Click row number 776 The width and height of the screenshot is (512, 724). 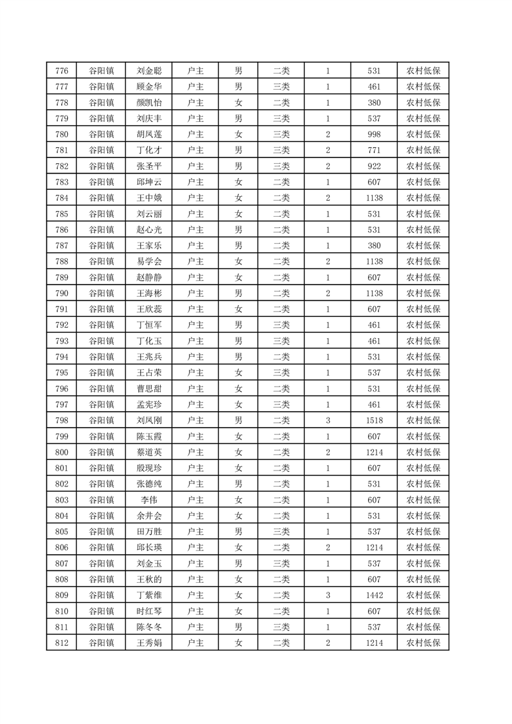tap(62, 71)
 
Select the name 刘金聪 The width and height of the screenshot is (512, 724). tap(149, 71)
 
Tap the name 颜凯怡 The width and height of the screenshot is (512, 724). tap(149, 103)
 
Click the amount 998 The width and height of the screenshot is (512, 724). tap(374, 134)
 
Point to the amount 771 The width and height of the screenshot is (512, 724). tap(374, 150)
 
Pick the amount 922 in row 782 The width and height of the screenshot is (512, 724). tap(374, 166)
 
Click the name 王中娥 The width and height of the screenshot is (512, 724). tap(149, 198)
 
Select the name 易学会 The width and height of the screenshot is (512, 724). tap(149, 261)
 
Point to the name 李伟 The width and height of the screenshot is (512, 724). tap(149, 500)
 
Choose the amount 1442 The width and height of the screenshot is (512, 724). tap(374, 595)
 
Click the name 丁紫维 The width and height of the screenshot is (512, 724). tap(149, 595)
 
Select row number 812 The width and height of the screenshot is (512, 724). tap(62, 643)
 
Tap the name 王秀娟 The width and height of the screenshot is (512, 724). tap(149, 643)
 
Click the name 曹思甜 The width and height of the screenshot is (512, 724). tap(149, 388)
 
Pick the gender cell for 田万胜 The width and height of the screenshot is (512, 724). tap(238, 532)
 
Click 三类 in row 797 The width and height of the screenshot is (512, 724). tap(282, 405)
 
